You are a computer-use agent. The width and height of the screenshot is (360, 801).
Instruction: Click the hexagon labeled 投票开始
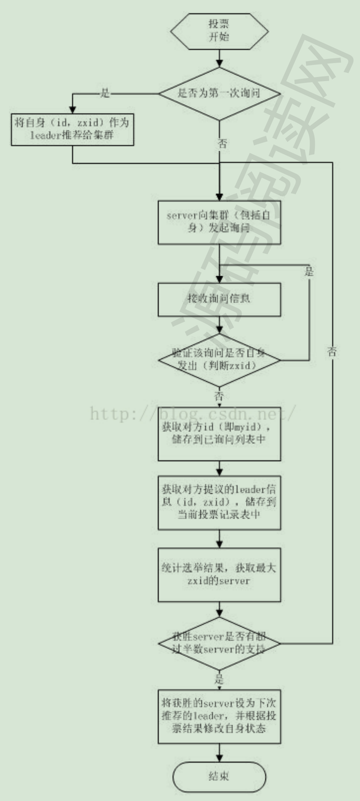219,31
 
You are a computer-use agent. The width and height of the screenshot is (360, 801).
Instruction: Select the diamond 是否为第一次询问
219,93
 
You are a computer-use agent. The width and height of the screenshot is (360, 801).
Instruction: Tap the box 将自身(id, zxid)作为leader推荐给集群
72,129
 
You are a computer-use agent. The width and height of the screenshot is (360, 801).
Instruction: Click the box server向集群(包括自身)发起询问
219,222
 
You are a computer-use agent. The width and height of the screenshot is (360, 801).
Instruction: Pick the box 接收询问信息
219,299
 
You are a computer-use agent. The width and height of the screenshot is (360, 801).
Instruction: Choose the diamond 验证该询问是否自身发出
219,360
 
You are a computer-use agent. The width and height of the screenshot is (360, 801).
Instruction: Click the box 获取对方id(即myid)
219,434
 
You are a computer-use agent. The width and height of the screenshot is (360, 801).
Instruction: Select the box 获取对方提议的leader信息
219,502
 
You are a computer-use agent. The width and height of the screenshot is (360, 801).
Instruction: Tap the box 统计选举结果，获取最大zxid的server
219,575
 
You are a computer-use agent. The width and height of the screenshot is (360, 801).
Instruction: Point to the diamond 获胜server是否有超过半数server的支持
219,643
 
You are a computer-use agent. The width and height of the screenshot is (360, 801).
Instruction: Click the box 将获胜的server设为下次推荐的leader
219,716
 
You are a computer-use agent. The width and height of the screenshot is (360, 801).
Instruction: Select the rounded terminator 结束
219,777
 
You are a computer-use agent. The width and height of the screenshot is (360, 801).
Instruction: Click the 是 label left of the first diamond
105,93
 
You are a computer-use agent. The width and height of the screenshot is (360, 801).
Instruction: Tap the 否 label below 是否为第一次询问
222,144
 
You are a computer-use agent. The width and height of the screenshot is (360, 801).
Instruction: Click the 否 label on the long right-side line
332,352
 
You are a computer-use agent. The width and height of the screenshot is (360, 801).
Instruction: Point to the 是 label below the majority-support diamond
219,679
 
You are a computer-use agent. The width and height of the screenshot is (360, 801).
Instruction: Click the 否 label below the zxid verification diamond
219,396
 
